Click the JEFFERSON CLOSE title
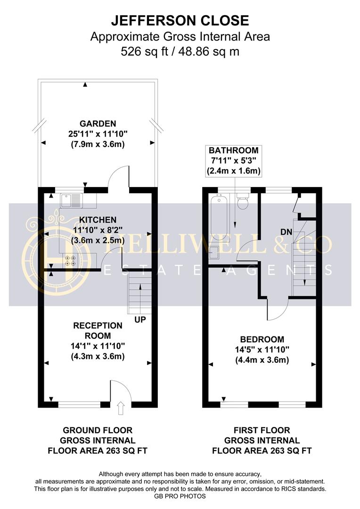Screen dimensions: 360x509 pyautogui.click(x=180, y=20)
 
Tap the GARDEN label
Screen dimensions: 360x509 pyautogui.click(x=98, y=123)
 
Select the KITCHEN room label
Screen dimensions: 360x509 pyautogui.click(x=98, y=220)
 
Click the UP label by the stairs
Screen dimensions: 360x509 pyautogui.click(x=140, y=320)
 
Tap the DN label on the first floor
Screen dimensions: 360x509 pyautogui.click(x=286, y=232)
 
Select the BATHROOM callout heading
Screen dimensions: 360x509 pyautogui.click(x=233, y=150)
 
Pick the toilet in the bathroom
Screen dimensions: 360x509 pyautogui.click(x=243, y=201)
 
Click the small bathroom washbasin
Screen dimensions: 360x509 pyautogui.click(x=214, y=252)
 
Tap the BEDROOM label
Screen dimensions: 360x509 pyautogui.click(x=262, y=339)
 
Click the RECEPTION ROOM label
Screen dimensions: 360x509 pyautogui.click(x=98, y=331)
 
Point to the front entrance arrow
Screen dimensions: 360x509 pyautogui.click(x=121, y=408)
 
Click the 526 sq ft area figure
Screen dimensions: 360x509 pyautogui.click(x=144, y=51)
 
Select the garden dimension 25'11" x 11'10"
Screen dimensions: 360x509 pyautogui.click(x=98, y=134)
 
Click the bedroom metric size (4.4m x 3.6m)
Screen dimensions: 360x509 pyautogui.click(x=262, y=360)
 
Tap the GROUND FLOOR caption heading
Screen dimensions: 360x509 pyautogui.click(x=98, y=430)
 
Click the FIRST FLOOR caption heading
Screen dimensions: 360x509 pyautogui.click(x=262, y=430)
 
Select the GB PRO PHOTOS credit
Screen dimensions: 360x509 pyautogui.click(x=180, y=496)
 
